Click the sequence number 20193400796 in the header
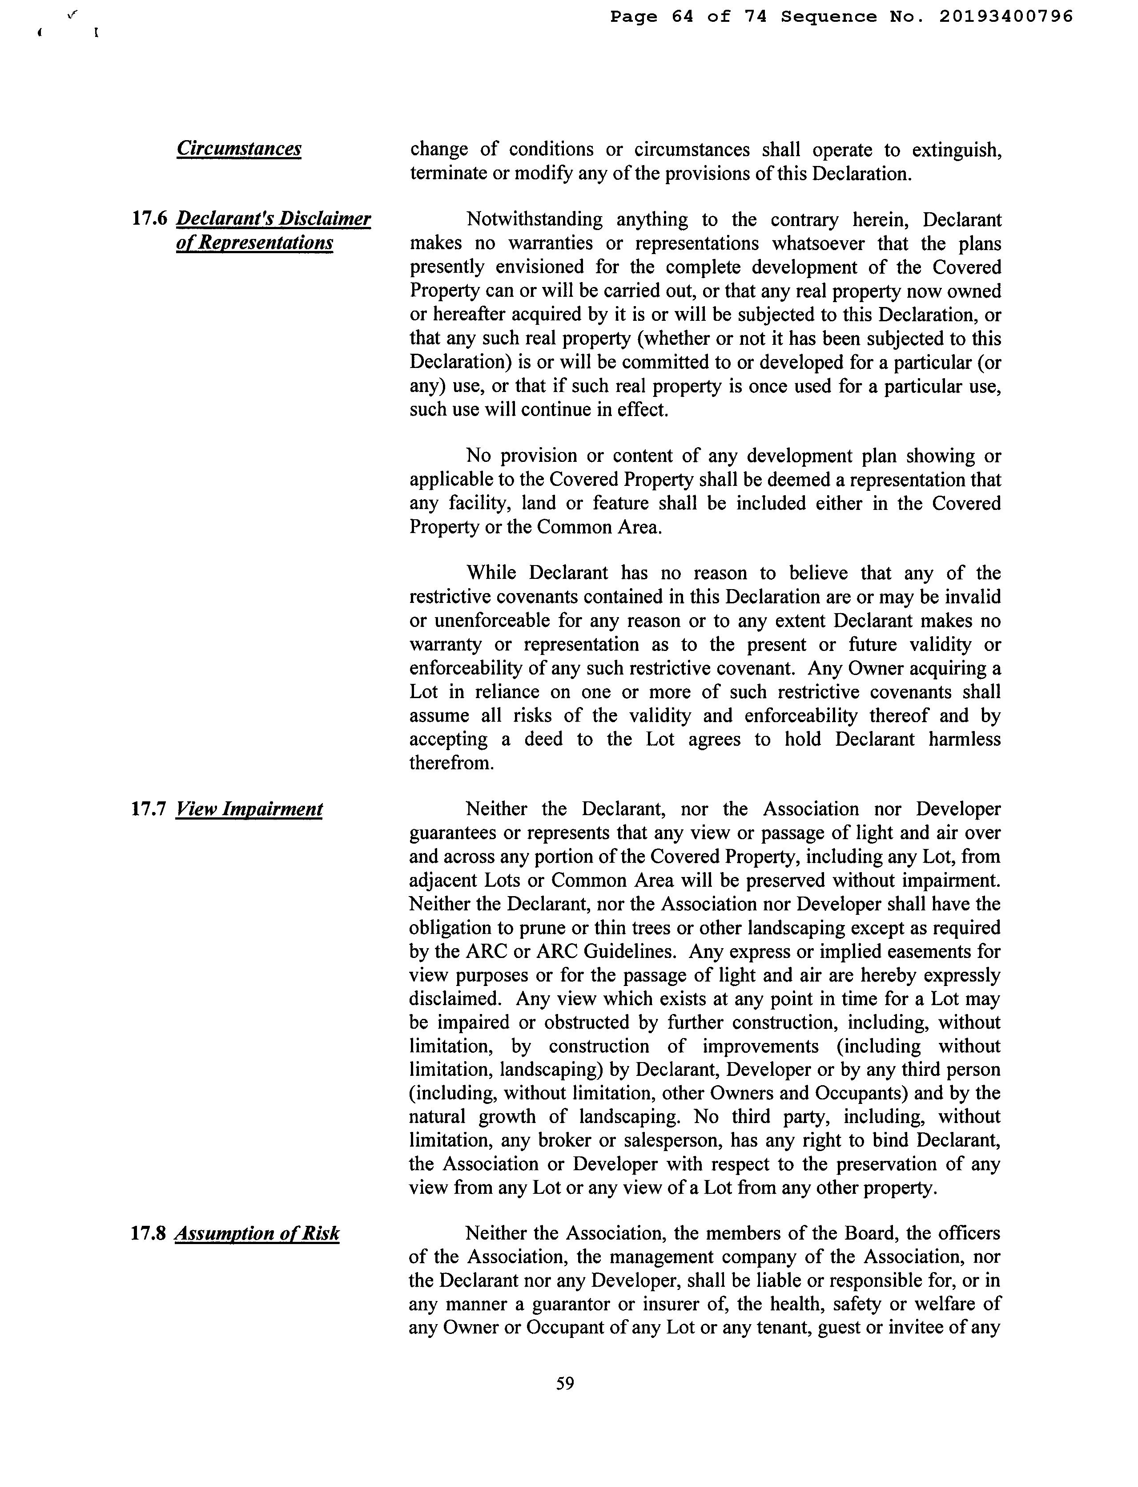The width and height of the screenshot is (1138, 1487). click(x=1006, y=17)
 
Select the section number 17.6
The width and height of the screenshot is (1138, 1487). click(x=149, y=219)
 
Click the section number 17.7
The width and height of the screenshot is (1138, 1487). click(x=149, y=809)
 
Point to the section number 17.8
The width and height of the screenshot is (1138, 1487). click(x=149, y=1233)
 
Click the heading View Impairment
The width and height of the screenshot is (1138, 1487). click(x=249, y=809)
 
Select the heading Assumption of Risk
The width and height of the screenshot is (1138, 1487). click(x=257, y=1233)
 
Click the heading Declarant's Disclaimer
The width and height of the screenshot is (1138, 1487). click(x=273, y=219)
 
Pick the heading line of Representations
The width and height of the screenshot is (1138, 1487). click(x=254, y=242)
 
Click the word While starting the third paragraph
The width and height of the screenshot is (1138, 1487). click(x=491, y=574)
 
